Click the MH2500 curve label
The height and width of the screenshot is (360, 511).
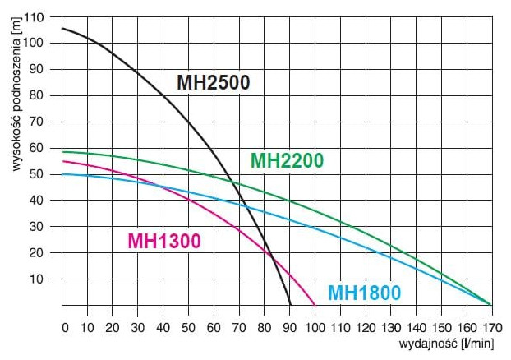pyautogui.click(x=213, y=82)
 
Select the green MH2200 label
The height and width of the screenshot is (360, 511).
pyautogui.click(x=287, y=160)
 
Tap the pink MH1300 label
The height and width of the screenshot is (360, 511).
pyautogui.click(x=164, y=241)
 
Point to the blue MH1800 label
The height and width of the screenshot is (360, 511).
pyautogui.click(x=365, y=293)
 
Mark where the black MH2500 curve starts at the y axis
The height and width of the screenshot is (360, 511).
pyautogui.click(x=62, y=29)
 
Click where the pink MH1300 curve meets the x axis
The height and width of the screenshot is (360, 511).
pyautogui.click(x=315, y=305)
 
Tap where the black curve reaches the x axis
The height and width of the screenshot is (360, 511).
pyautogui.click(x=291, y=305)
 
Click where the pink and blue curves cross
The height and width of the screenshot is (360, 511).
pyautogui.click(x=162, y=187)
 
